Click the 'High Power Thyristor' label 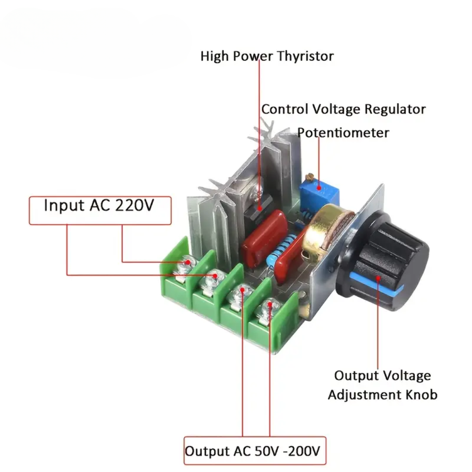(x=267, y=56)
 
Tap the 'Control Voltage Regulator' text (x=343, y=109)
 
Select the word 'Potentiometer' (x=343, y=132)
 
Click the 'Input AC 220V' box (x=100, y=210)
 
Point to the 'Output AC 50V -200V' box (x=255, y=450)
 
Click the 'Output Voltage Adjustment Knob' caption (x=382, y=385)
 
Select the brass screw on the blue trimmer (x=311, y=177)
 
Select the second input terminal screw (x=215, y=276)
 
